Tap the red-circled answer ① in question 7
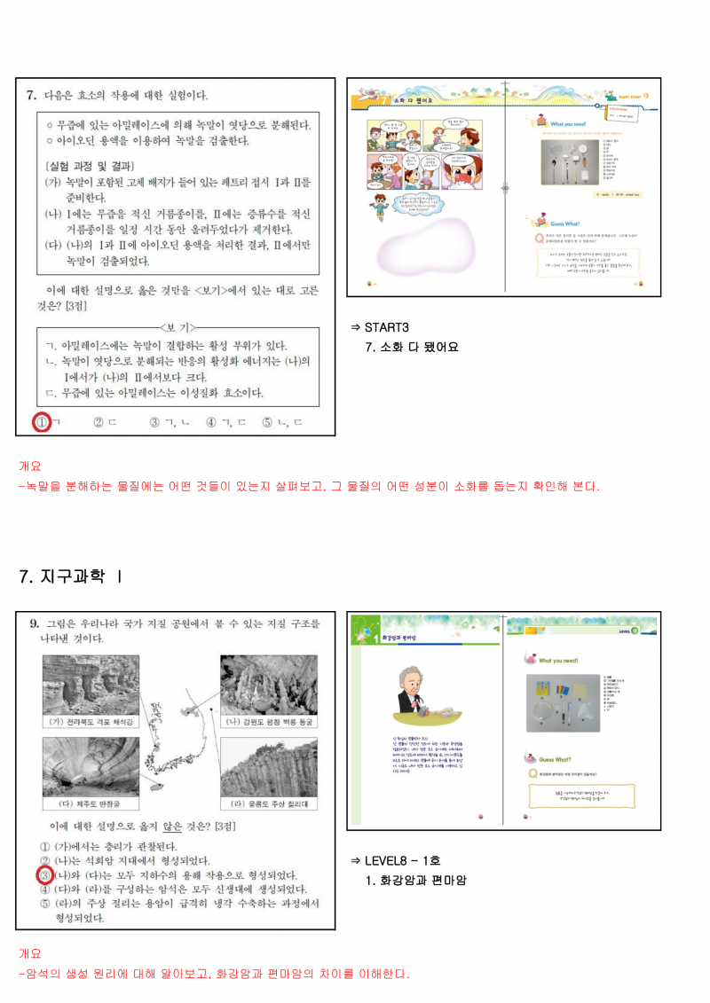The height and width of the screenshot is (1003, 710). point(40,422)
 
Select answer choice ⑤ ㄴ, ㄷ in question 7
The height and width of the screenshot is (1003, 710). point(282,422)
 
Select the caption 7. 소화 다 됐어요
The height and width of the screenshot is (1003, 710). point(412,347)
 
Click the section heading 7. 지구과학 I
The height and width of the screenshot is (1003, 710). point(71,576)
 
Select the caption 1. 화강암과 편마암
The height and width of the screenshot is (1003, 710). point(416,881)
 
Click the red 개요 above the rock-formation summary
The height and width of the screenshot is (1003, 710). point(30,954)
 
